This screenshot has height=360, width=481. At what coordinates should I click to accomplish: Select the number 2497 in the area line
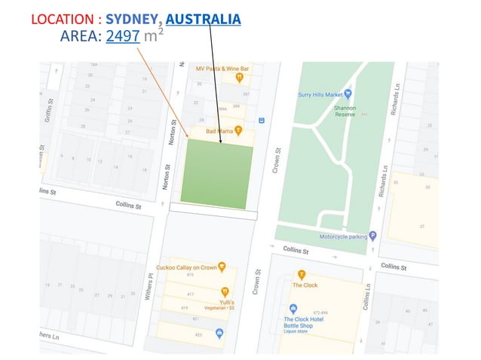click(123, 35)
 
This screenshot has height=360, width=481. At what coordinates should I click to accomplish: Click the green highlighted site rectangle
click(217, 172)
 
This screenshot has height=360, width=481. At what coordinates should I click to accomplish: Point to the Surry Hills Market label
click(320, 94)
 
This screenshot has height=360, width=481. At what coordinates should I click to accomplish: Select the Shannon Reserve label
click(345, 111)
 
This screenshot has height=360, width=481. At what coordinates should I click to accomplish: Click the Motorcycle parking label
click(343, 236)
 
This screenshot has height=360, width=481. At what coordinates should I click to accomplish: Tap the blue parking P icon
click(372, 236)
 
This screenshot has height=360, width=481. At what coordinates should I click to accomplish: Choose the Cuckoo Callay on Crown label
click(186, 267)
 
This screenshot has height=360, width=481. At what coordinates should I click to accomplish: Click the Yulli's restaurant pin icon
click(225, 291)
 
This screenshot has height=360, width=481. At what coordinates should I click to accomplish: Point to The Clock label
click(305, 285)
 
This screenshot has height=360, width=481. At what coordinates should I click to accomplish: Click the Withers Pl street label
click(151, 287)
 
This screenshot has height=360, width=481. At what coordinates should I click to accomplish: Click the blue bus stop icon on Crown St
click(261, 120)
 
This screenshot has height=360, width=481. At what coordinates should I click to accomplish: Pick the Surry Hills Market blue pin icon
click(348, 94)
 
